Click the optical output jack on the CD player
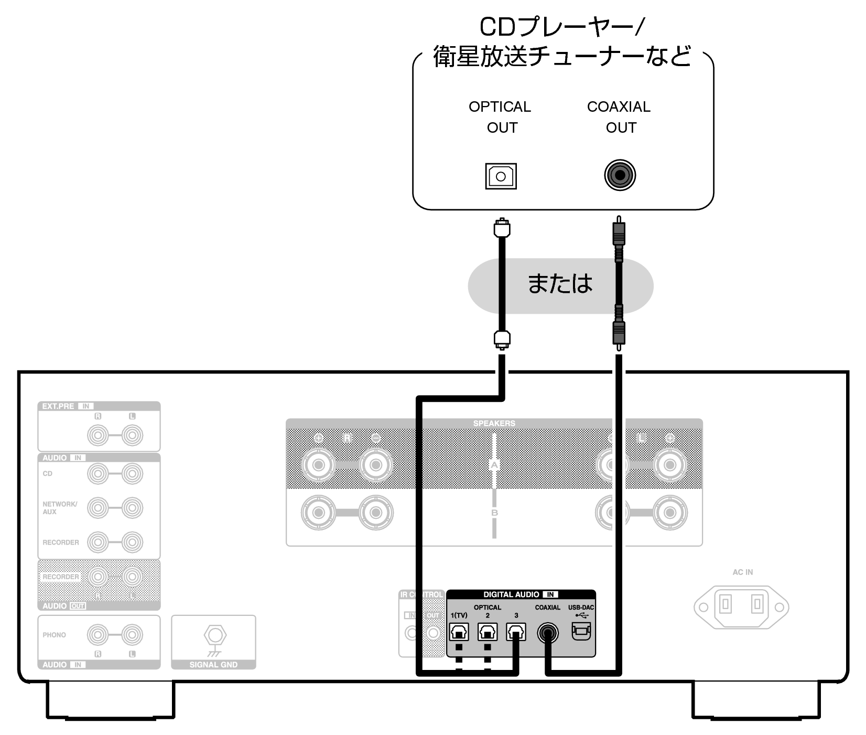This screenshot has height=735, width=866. [501, 176]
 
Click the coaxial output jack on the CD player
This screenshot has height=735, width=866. [620, 175]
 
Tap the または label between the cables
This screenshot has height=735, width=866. [560, 284]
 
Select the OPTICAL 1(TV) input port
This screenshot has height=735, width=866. [459, 632]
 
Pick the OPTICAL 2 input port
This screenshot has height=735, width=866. [488, 632]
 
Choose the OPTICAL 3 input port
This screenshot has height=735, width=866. [516, 632]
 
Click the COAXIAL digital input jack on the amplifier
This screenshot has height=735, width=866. [548, 633]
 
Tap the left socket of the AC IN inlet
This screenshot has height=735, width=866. [726, 604]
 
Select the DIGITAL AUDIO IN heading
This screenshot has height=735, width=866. [520, 594]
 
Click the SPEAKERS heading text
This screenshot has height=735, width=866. [494, 423]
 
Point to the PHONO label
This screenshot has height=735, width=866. [55, 635]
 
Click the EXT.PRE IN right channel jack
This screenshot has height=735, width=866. [98, 435]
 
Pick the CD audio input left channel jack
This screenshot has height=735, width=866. [132, 474]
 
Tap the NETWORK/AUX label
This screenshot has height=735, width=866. [60, 508]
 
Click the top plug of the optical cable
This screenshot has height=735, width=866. [502, 228]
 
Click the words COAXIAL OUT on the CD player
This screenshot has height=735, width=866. [619, 117]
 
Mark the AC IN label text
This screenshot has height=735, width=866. [742, 572]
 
